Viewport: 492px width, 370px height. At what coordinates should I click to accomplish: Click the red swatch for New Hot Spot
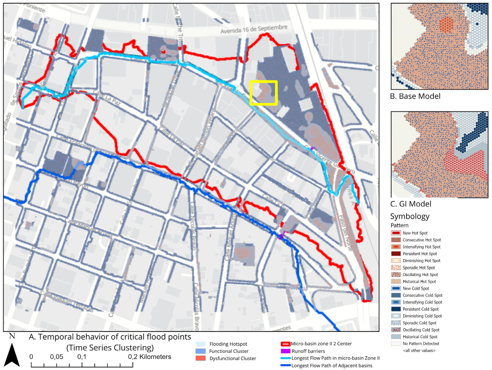click(396, 233)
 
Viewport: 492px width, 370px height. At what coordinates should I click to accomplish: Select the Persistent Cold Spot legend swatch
click(396, 309)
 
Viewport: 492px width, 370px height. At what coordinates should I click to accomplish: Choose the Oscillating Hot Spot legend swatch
click(396, 275)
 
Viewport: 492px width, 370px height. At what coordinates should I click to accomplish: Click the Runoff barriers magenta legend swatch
click(285, 351)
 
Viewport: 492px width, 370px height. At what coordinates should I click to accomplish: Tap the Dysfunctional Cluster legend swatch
click(200, 358)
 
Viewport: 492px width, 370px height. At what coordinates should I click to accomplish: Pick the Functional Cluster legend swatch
click(200, 351)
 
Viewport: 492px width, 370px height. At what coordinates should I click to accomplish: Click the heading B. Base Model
click(415, 96)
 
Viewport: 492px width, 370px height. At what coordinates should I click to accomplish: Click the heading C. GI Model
click(410, 204)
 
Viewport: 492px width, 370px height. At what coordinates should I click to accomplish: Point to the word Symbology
click(410, 216)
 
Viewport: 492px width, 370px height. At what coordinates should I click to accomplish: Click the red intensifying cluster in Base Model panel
click(446, 25)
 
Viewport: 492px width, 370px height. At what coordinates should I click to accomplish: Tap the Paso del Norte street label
click(345, 233)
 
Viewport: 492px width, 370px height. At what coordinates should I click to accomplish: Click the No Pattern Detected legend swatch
click(396, 343)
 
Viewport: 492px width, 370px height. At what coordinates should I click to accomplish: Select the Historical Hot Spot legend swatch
click(396, 281)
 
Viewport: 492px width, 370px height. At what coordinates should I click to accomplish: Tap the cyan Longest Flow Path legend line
click(285, 358)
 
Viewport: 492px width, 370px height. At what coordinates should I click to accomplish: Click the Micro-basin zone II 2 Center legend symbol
click(285, 344)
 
